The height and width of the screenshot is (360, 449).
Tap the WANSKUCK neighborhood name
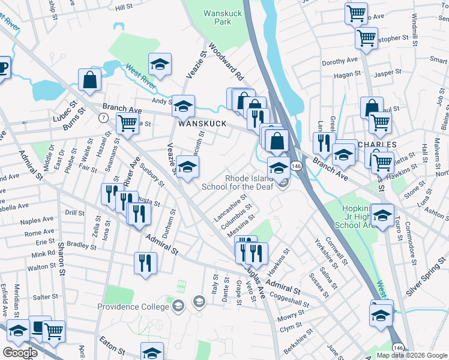pos(202,124)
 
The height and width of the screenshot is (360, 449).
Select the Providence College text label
pos(134,307)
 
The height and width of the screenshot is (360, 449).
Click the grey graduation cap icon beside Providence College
pos(178,307)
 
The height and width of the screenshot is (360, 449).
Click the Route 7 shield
pos(104,117)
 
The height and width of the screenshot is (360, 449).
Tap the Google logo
pos(20,353)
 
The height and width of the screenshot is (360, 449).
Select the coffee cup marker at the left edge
pos(2,67)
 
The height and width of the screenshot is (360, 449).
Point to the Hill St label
pos(124,7)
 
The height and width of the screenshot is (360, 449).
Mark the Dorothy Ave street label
pos(339,61)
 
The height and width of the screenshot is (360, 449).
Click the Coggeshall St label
pos(291,299)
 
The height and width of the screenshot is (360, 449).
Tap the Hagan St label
pos(346,73)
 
